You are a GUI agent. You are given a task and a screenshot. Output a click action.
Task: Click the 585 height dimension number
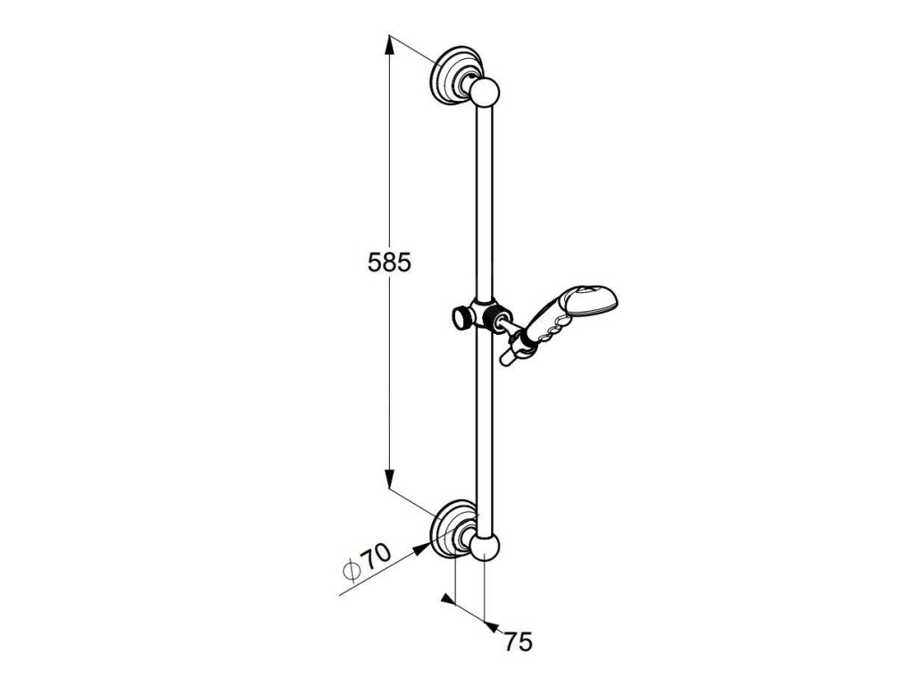click(389, 263)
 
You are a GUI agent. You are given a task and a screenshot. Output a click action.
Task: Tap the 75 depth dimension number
click(518, 641)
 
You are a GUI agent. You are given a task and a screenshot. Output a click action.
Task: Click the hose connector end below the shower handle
click(509, 359)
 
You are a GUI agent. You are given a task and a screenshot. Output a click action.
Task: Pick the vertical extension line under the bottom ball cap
click(484, 590)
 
